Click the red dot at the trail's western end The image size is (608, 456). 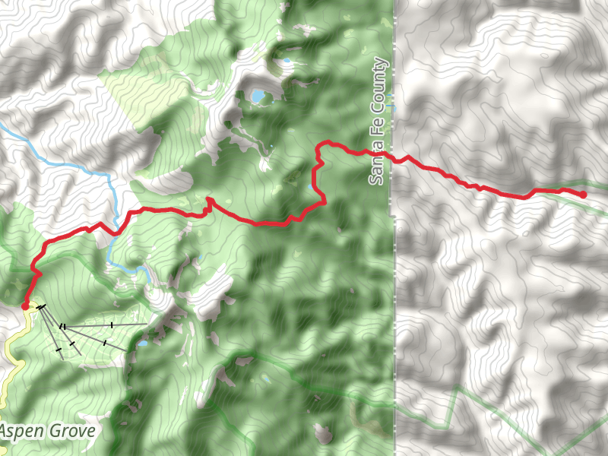(25, 306)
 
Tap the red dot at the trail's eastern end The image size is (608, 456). (583, 195)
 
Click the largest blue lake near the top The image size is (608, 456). (258, 97)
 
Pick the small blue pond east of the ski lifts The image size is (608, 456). (142, 344)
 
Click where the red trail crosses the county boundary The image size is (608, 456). (394, 160)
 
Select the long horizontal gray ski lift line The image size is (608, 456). (106, 325)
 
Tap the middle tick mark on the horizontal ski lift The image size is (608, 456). (112, 325)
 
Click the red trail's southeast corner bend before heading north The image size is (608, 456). (324, 202)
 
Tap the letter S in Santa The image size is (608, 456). (378, 179)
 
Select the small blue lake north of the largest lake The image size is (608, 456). (287, 60)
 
